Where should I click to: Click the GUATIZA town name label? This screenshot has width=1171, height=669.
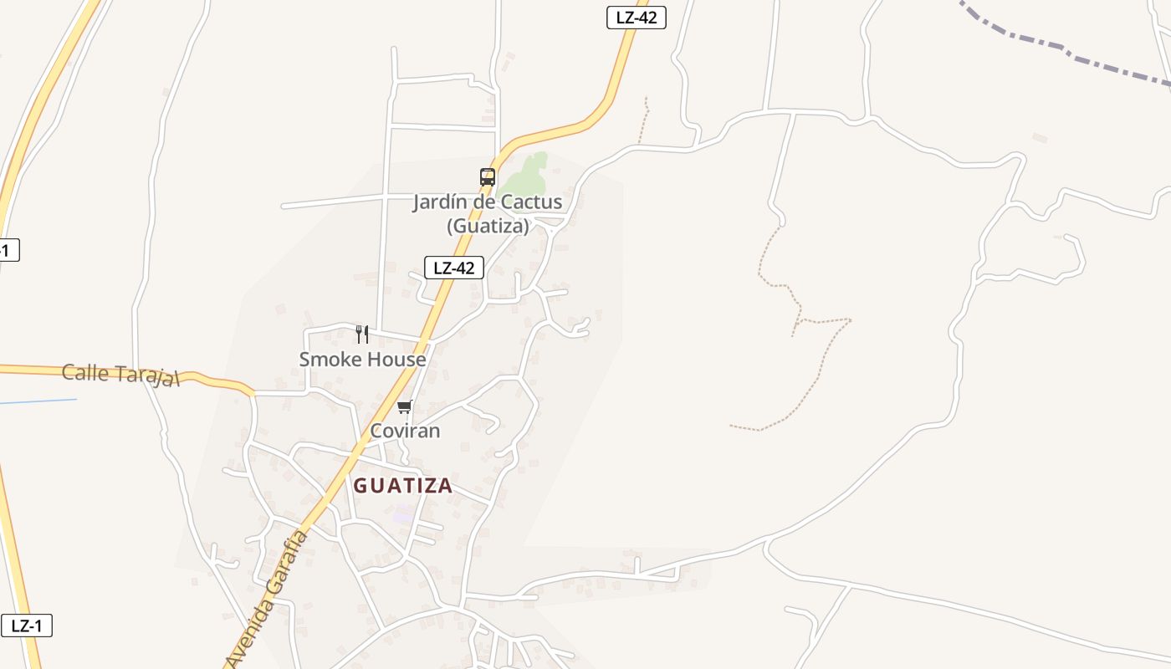click(x=402, y=486)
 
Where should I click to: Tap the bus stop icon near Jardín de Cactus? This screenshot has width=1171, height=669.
click(x=488, y=177)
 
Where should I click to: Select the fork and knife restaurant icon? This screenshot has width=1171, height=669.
click(x=362, y=334)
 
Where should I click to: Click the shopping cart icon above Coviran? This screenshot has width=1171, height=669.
click(x=405, y=407)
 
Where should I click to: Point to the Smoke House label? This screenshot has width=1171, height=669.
click(x=362, y=360)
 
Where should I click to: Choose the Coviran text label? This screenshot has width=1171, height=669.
click(x=405, y=432)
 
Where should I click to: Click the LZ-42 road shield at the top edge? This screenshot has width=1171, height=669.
click(x=636, y=18)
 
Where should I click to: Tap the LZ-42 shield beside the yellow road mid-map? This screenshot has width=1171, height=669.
click(x=454, y=268)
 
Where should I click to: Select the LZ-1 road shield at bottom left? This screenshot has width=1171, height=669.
click(x=27, y=626)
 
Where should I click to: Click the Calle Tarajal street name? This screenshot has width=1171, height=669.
click(x=121, y=375)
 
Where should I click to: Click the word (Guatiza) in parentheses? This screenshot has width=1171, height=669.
click(x=488, y=226)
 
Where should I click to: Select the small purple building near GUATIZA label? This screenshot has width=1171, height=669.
click(x=403, y=515)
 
